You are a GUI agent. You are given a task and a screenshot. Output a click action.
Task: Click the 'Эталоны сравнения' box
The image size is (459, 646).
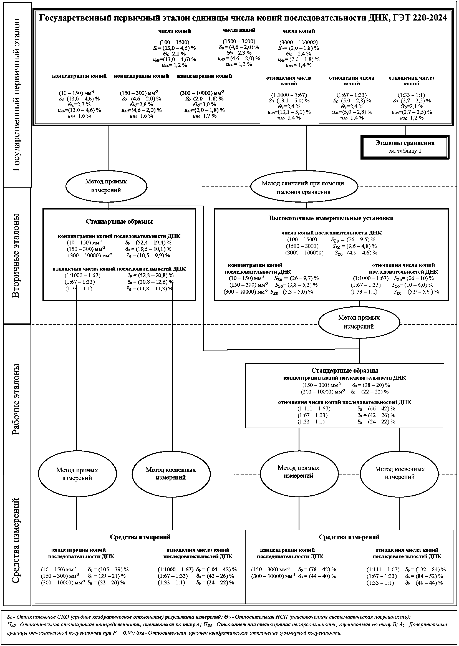pos(405,147)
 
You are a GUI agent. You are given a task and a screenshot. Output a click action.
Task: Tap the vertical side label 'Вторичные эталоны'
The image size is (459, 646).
pos(17,256)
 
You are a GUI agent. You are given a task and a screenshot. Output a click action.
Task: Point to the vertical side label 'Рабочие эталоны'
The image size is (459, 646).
pos(17,399)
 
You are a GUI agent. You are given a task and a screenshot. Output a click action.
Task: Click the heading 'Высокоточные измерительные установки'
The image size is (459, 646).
pos(331,218)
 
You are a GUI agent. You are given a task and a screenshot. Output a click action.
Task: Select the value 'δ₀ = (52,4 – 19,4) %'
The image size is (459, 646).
pos(148,243)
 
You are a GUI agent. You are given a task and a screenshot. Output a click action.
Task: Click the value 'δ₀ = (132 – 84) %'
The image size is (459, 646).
pos(425,575)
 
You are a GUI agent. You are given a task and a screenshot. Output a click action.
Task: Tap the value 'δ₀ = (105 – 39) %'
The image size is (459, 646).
pos(108,575)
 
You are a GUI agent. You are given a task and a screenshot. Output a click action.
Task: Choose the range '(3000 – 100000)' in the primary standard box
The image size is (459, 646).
pos(299,42)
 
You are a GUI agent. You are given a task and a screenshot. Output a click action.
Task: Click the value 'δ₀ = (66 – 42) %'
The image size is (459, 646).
pos(376,409)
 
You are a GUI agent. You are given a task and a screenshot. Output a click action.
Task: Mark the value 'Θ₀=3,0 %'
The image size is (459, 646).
pos(204,104)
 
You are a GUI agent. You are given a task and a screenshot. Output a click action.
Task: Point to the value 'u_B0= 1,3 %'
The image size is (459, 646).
pos(239,64)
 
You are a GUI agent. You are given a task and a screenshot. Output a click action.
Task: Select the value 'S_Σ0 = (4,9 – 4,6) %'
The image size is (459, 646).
pos(356,253)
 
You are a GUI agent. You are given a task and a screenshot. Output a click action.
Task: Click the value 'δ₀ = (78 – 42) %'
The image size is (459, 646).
pos(317,575)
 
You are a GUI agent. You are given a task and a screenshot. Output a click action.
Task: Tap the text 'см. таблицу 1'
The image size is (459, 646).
pos(405,151)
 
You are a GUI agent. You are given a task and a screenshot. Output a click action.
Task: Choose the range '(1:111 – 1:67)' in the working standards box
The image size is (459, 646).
pos(314,409)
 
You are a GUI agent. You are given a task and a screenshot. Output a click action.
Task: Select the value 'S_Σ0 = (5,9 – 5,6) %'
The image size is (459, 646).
pos(416,292)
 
